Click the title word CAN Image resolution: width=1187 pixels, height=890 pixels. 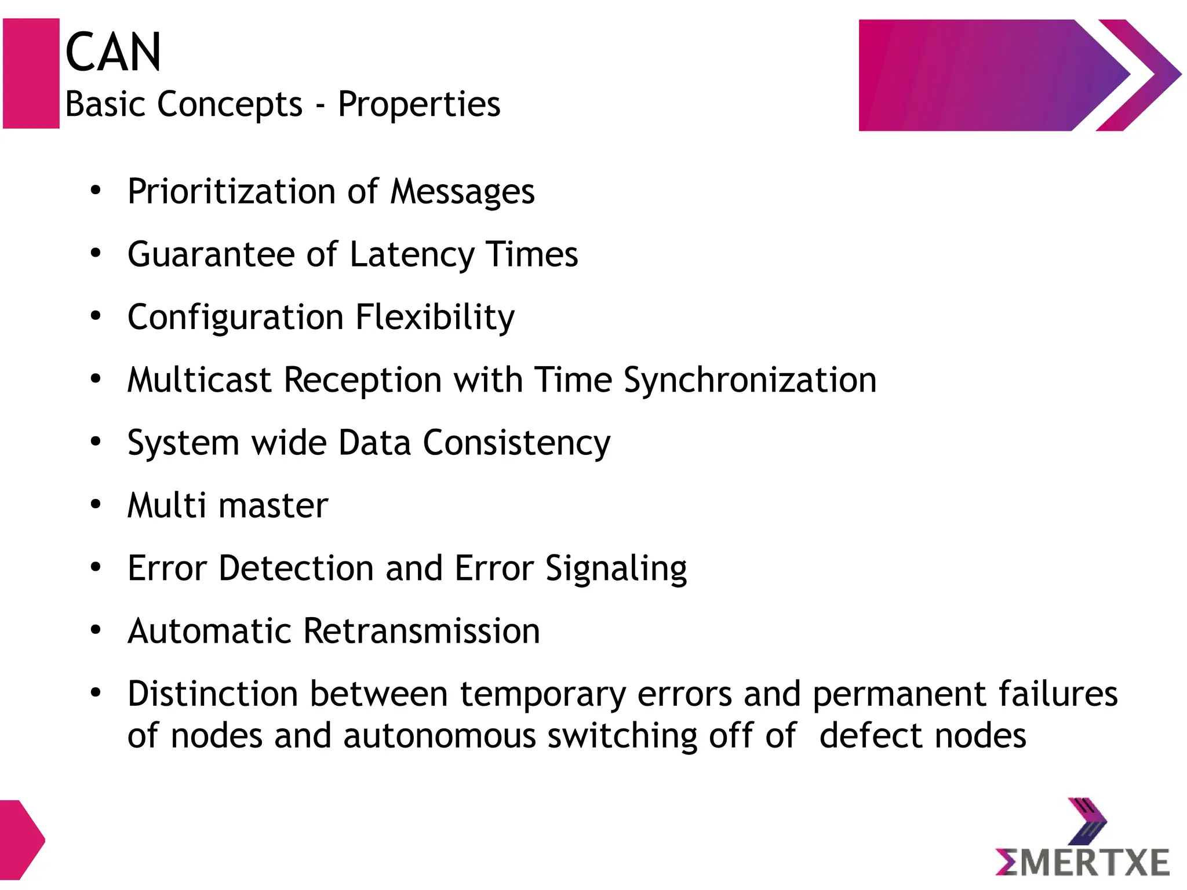click(113, 53)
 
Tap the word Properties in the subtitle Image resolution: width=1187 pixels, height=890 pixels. click(419, 105)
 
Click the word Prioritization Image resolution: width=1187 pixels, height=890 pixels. click(231, 192)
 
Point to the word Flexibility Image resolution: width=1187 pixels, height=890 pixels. click(435, 318)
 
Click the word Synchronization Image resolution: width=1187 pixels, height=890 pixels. click(750, 381)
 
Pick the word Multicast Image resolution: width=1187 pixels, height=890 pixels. click(199, 381)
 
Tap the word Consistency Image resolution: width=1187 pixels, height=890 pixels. click(516, 443)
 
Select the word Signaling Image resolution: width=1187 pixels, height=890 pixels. click(616, 569)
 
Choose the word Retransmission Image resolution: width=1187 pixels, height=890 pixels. click(421, 631)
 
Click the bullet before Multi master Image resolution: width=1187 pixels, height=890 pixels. click(96, 505)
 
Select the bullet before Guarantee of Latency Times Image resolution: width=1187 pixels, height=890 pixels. click(96, 253)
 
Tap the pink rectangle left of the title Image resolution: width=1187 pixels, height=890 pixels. click(31, 74)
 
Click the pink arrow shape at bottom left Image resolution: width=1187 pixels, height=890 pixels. click(21, 840)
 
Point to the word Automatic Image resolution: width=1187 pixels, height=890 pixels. click(209, 631)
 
